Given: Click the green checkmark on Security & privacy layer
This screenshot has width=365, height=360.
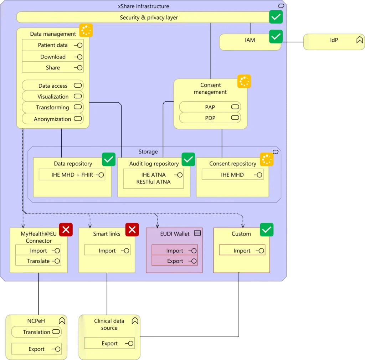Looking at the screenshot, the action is [276, 17].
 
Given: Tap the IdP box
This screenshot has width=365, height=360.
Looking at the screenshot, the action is [334, 42].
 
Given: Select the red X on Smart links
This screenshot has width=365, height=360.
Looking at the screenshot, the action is [132, 230].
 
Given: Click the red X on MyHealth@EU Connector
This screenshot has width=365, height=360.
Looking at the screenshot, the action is [66, 230].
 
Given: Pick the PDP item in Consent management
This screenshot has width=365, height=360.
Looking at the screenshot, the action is [210, 118].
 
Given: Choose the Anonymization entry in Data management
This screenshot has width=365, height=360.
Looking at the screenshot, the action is [53, 119].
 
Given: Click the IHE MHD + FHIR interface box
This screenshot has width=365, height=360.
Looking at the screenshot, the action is [72, 175].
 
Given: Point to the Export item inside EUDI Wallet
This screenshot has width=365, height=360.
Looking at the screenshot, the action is [175, 261].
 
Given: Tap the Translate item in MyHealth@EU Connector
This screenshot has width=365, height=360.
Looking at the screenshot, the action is [38, 261].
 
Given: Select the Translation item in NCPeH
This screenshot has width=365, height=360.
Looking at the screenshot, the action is [36, 332].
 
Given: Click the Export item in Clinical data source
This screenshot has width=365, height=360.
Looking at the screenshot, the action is [109, 343].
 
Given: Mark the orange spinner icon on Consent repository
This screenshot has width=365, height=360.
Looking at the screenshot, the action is [267, 159].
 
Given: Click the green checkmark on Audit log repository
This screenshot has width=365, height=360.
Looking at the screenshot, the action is [188, 159].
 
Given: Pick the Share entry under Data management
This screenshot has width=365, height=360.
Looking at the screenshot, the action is [53, 67].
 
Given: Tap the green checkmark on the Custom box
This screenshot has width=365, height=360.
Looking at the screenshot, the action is [267, 230].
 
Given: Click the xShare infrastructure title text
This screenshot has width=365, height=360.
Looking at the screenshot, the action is [143, 6].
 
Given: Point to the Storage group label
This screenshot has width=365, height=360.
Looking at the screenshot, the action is [148, 151].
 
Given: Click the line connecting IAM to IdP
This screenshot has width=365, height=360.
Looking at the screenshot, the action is [293, 42].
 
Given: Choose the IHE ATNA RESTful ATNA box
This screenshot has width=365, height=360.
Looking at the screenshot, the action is [153, 179].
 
